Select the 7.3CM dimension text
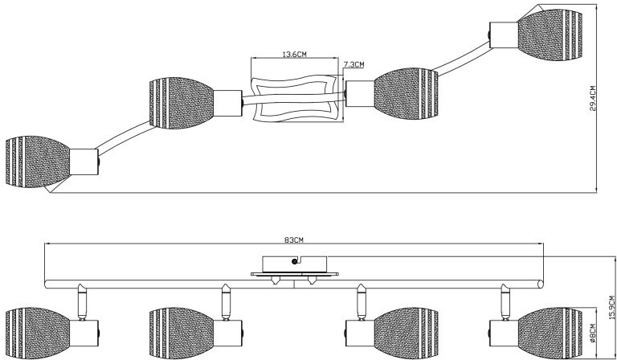(353, 65)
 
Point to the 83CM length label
(294, 239)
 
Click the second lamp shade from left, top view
(182, 102)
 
